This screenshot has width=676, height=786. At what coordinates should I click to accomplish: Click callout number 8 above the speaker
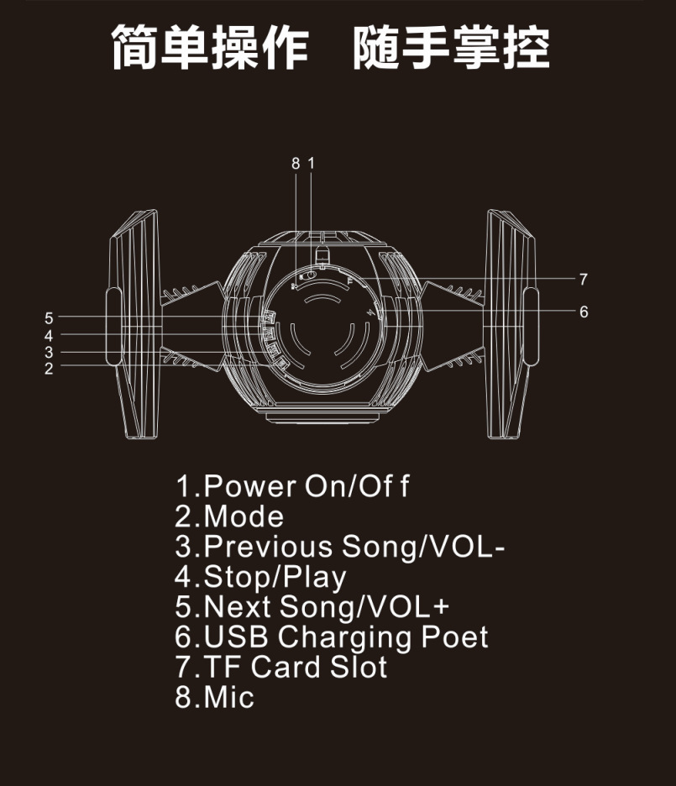(296, 164)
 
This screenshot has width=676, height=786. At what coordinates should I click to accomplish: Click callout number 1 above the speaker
(311, 164)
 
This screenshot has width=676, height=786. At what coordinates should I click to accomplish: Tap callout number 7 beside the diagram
(583, 280)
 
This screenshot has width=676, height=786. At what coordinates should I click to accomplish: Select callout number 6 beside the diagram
(583, 312)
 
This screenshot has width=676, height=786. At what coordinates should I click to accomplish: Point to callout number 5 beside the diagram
(49, 318)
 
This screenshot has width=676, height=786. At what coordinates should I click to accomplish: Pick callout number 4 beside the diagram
(49, 335)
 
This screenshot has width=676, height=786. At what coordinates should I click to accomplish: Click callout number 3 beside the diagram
(49, 352)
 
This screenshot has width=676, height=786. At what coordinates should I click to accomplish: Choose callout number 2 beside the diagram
(49, 368)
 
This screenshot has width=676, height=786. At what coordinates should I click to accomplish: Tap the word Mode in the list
(244, 516)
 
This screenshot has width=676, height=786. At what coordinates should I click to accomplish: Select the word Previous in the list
(269, 547)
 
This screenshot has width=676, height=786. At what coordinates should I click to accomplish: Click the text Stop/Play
(275, 577)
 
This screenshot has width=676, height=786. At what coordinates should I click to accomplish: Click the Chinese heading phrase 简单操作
(211, 49)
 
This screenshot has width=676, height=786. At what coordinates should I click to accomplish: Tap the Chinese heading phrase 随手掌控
(451, 49)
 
